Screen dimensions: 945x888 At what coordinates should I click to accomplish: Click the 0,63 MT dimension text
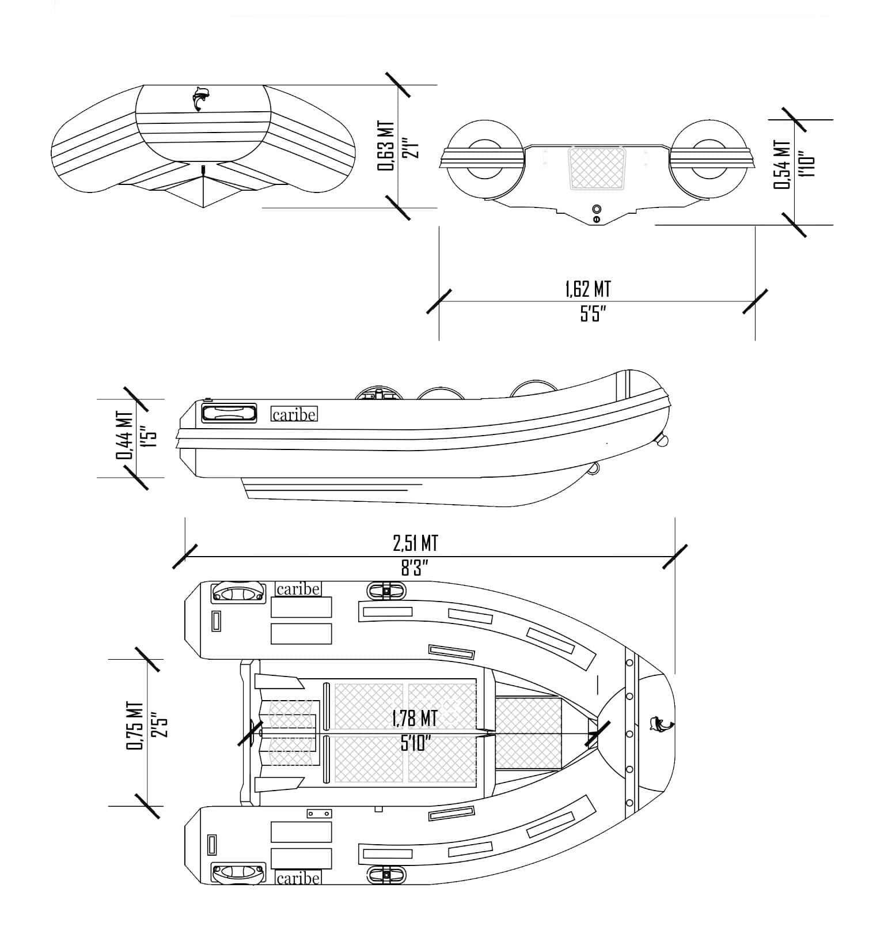pyautogui.click(x=386, y=145)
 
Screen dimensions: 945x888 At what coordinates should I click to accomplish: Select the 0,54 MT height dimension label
pyautogui.click(x=782, y=164)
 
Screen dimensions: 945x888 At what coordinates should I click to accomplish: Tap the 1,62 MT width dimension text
pyautogui.click(x=587, y=289)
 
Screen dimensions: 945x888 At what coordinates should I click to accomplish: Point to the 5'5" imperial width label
pyautogui.click(x=593, y=314)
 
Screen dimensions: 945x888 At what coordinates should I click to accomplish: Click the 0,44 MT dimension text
pyautogui.click(x=124, y=435)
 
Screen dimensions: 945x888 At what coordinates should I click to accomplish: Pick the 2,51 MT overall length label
pyautogui.click(x=415, y=543)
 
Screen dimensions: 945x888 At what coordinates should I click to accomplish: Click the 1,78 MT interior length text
pyautogui.click(x=414, y=718)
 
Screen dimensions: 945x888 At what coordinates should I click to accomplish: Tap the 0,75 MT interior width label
pyautogui.click(x=134, y=725)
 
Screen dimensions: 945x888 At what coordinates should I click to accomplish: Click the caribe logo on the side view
pyautogui.click(x=294, y=414)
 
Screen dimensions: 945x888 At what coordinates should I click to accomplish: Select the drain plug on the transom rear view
pyautogui.click(x=597, y=208)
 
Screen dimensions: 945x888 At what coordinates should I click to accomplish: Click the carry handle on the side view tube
pyautogui.click(x=229, y=413)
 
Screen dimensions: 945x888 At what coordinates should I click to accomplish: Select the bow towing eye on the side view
pyautogui.click(x=662, y=441)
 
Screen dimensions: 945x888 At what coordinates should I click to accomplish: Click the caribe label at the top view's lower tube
pyautogui.click(x=298, y=878)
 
